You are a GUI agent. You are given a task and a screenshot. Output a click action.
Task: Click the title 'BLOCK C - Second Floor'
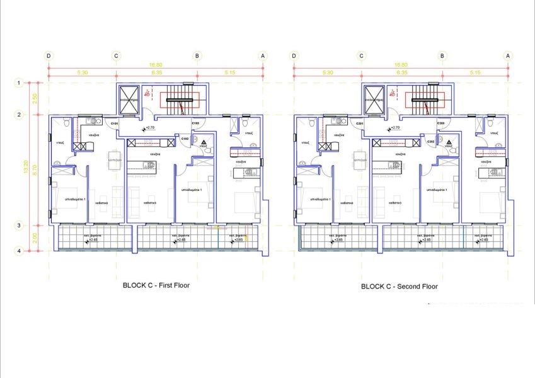(400, 286)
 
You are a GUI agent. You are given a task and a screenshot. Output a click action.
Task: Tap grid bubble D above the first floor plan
(49, 55)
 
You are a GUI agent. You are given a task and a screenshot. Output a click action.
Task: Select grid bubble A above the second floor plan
(507, 55)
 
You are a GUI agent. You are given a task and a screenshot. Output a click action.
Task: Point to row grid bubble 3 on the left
(20, 226)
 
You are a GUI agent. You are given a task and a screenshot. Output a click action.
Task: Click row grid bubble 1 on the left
(20, 83)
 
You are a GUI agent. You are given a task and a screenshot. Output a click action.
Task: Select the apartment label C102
(185, 138)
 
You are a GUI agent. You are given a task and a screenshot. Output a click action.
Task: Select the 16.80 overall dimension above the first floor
(156, 65)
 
